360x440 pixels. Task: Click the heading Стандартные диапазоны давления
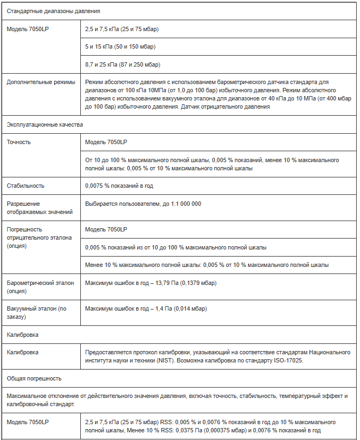pyautogui.click(x=45, y=11)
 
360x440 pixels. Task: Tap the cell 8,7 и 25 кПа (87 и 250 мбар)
pyautogui.click(x=122, y=64)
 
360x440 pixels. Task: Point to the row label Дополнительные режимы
pyautogui.click(x=41, y=82)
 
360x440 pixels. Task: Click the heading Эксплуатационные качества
pyautogui.click(x=44, y=124)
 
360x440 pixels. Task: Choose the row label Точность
pyautogui.click(x=19, y=142)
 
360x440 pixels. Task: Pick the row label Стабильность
pyautogui.click(x=25, y=186)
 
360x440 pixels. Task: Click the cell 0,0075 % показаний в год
pyautogui.click(x=119, y=186)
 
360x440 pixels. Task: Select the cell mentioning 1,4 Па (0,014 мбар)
pyautogui.click(x=146, y=308)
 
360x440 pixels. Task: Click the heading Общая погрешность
pyautogui.click(x=34, y=378)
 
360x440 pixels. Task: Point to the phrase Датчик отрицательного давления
pyautogui.click(x=223, y=106)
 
